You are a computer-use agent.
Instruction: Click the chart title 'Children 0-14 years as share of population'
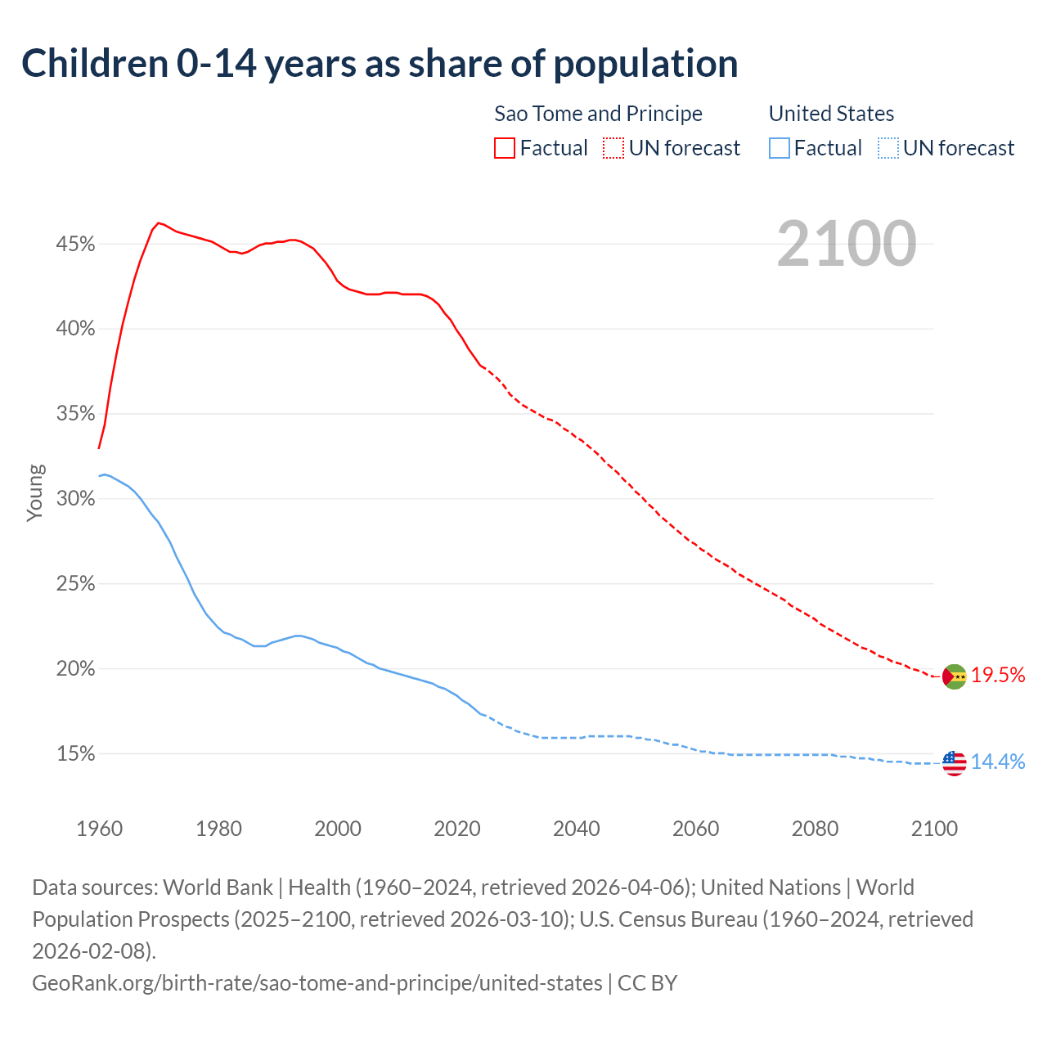coord(380,64)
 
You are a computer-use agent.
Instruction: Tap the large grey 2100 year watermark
coord(846,244)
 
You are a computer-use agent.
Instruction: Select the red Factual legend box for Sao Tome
coord(505,148)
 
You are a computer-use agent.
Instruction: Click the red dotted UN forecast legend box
coord(613,148)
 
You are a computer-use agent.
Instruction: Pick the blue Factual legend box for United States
coord(780,148)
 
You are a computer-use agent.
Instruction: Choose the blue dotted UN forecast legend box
coord(887,148)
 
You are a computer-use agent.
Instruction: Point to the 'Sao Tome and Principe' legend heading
coord(598,114)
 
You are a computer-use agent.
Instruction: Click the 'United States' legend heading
coord(831,114)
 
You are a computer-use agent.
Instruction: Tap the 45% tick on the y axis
coord(76,245)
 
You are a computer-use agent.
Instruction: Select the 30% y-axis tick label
coord(76,499)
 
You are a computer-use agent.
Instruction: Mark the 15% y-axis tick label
coord(76,754)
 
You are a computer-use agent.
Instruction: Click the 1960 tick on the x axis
coord(99,829)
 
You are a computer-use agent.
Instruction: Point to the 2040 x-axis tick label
coord(577,829)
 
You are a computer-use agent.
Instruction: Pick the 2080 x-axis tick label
coord(816,829)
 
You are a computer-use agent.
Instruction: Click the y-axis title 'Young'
coord(35,492)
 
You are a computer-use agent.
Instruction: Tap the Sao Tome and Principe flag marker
coord(954,676)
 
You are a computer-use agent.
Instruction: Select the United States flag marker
coord(954,763)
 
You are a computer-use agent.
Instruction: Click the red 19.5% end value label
coord(998,675)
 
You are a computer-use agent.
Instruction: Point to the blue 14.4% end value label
coord(998,762)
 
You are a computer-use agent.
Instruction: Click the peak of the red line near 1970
coord(159,222)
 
